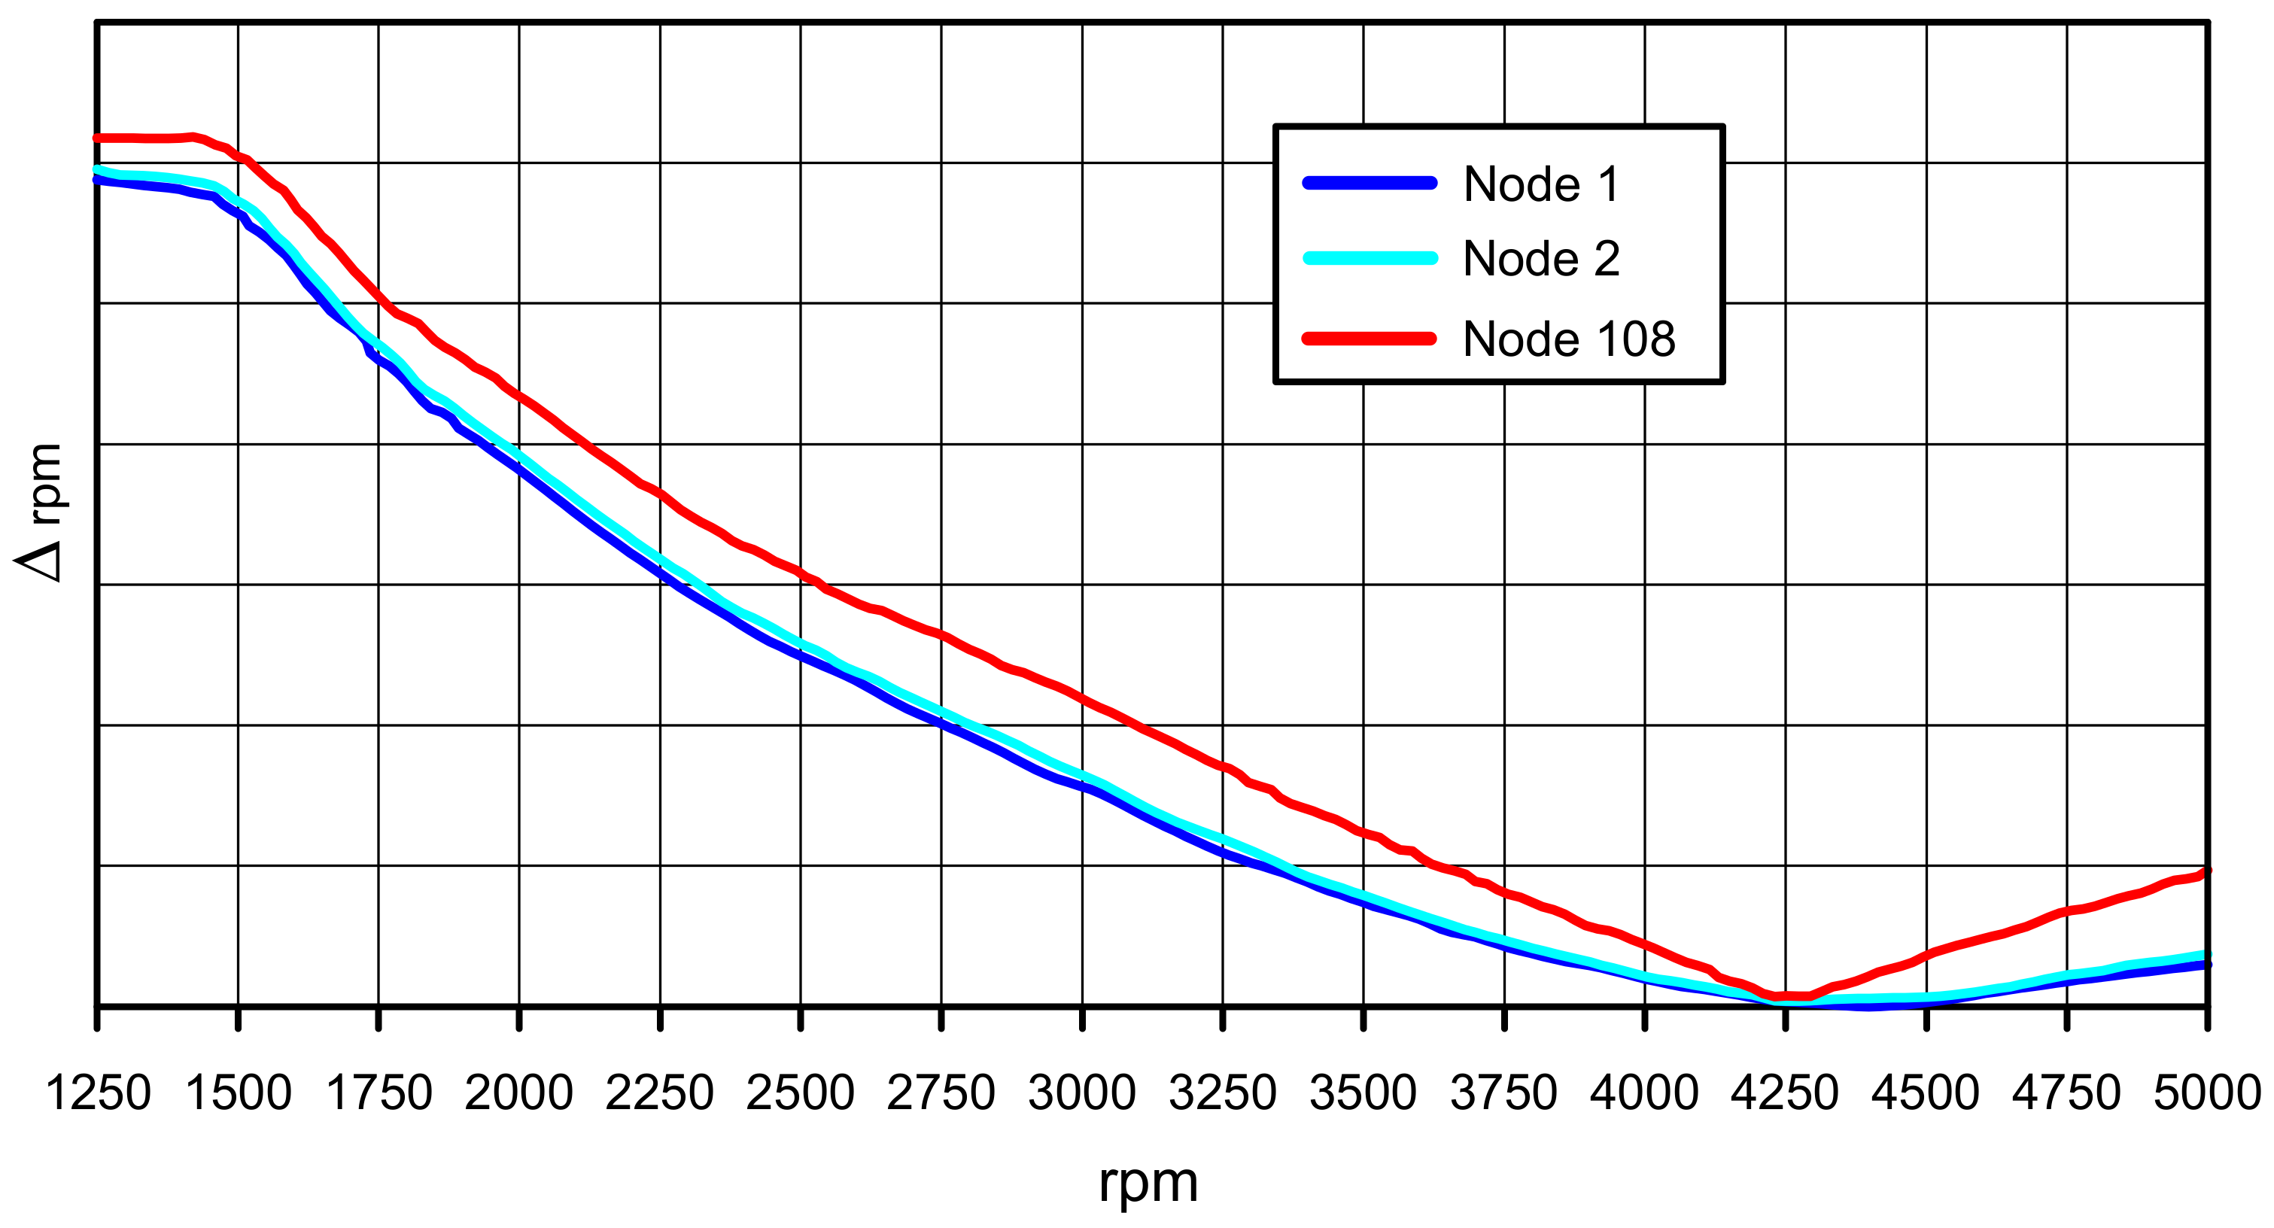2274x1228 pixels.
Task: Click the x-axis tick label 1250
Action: pyautogui.click(x=97, y=1093)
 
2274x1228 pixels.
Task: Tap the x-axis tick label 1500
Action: pyautogui.click(x=239, y=1093)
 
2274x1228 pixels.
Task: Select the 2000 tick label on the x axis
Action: pyautogui.click(x=519, y=1093)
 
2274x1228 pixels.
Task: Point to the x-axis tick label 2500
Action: pyautogui.click(x=800, y=1093)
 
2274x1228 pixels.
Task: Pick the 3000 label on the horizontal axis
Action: pyautogui.click(x=1081, y=1093)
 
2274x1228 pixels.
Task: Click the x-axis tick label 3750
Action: pyautogui.click(x=1503, y=1093)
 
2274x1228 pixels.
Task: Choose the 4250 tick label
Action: pyautogui.click(x=1785, y=1093)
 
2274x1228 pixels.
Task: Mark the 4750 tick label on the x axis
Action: pyautogui.click(x=2066, y=1093)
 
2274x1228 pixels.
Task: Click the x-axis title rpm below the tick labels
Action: pyautogui.click(x=1148, y=1184)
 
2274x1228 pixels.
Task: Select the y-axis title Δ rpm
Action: pyautogui.click(x=40, y=512)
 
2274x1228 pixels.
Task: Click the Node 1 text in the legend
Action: pyautogui.click(x=1541, y=184)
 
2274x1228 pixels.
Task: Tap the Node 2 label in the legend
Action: pyautogui.click(x=1541, y=259)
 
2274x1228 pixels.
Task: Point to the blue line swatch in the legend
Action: pyautogui.click(x=1370, y=184)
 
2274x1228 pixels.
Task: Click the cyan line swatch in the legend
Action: pyautogui.click(x=1370, y=258)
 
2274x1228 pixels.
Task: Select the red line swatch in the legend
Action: pyautogui.click(x=1370, y=338)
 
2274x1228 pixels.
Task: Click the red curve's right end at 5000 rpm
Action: pyautogui.click(x=2206, y=872)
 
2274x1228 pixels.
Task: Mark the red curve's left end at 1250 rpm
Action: pyautogui.click(x=98, y=138)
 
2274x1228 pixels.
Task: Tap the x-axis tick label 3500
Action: pyautogui.click(x=1363, y=1093)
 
